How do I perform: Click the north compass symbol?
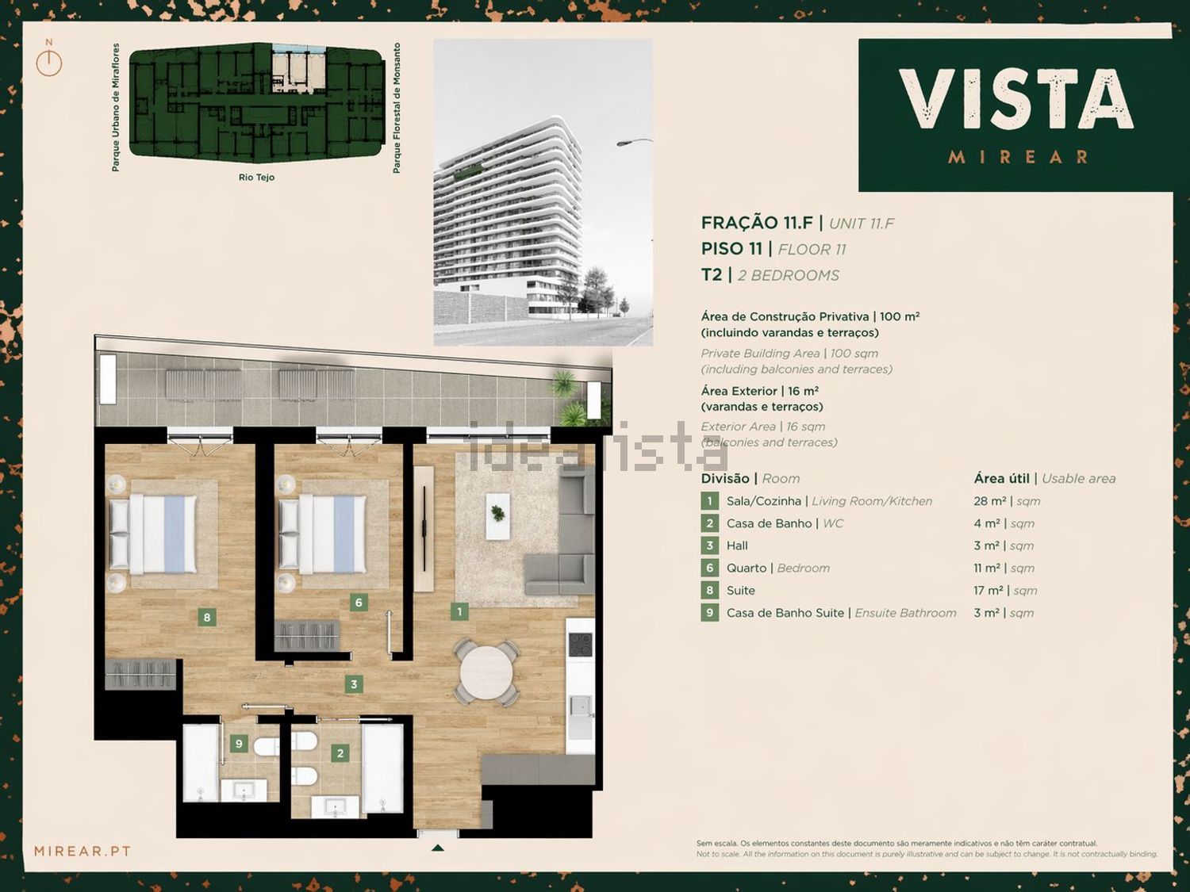tap(49, 61)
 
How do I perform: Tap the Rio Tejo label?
tap(256, 177)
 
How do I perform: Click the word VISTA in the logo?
tap(1015, 99)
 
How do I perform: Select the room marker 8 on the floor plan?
tap(206, 617)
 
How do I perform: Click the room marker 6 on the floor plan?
tap(359, 603)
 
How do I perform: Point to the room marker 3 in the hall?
tap(354, 684)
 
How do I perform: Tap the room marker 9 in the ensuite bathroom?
tap(239, 744)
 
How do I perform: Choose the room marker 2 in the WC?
tap(340, 752)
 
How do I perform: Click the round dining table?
tap(486, 672)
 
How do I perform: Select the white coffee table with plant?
tap(497, 516)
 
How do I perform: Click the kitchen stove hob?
tap(580, 645)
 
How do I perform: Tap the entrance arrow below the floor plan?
tap(437, 848)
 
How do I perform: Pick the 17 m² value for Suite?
tap(988, 591)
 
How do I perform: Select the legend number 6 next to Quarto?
tap(710, 569)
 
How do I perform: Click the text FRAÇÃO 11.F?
tap(757, 223)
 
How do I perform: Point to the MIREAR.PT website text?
tap(83, 852)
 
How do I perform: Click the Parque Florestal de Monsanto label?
tap(397, 109)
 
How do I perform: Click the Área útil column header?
tap(1001, 478)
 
